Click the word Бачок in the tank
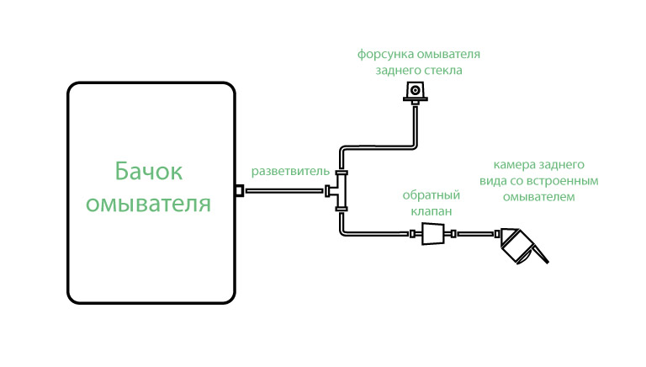[x=148, y=171]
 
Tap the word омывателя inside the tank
[x=148, y=204]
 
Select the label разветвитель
[x=290, y=171]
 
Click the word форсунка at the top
[x=385, y=55]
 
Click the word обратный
[x=431, y=195]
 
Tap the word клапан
[x=432, y=211]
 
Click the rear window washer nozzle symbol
[x=416, y=93]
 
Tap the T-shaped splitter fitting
[x=338, y=190]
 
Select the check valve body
[x=433, y=234]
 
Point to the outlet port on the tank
[x=239, y=190]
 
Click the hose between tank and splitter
[x=283, y=190]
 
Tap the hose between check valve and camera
[x=475, y=234]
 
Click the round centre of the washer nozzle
[x=416, y=90]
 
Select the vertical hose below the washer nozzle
[x=415, y=125]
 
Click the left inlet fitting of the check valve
[x=413, y=234]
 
